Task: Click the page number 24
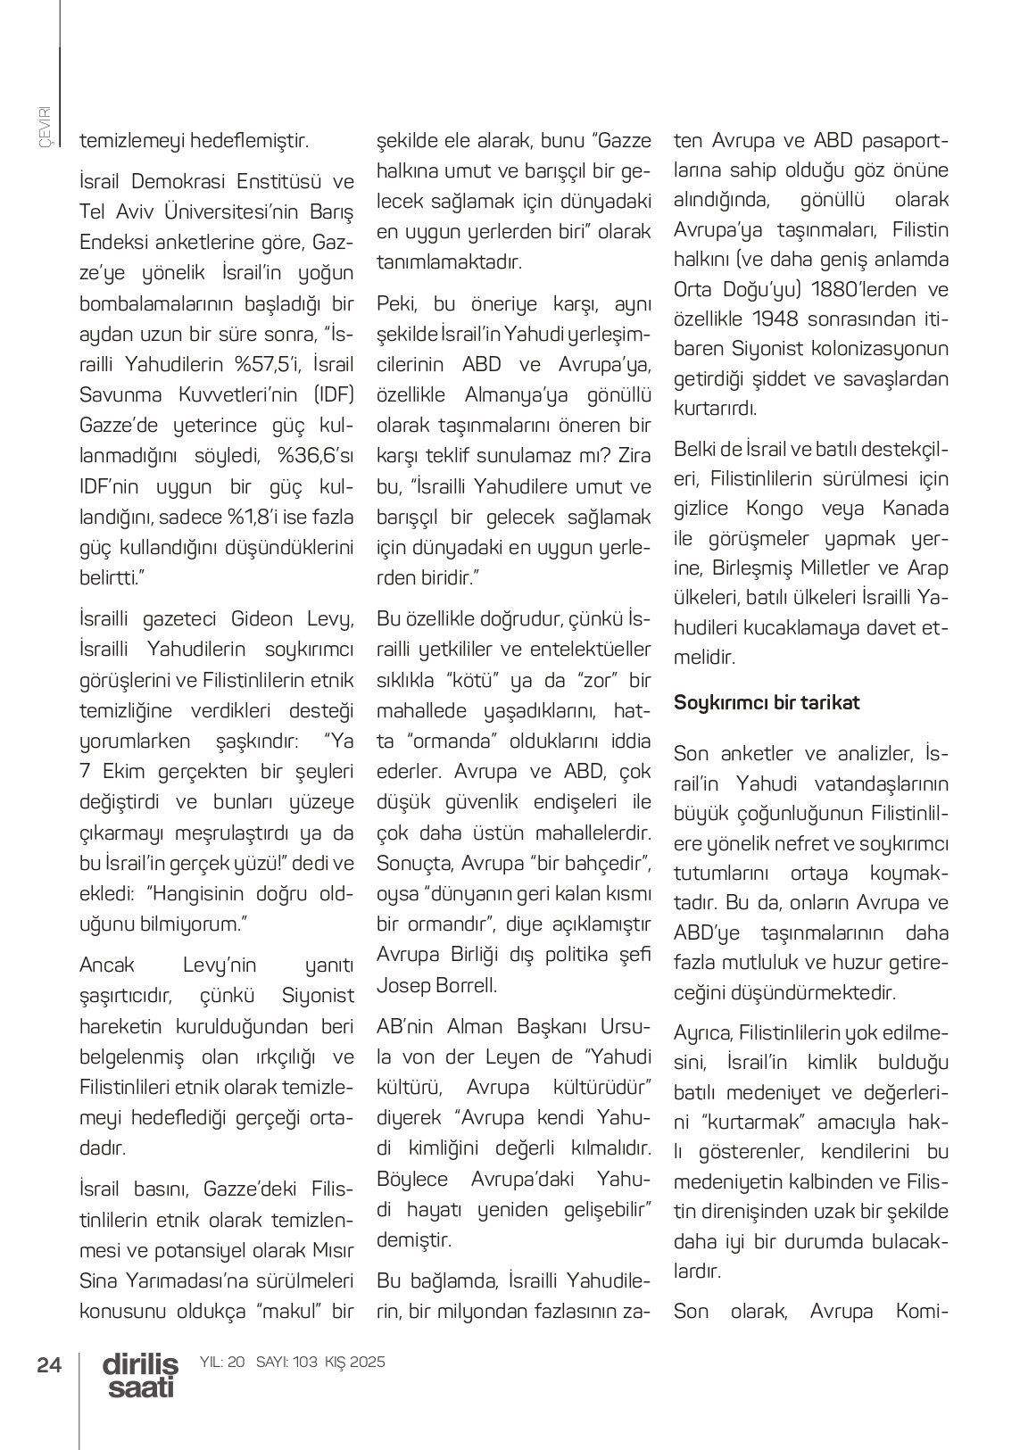coord(49,1364)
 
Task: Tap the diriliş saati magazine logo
coord(140,1375)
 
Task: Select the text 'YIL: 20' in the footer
coord(223,1362)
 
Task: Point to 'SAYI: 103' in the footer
coord(286,1362)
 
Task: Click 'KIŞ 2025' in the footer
coord(355,1362)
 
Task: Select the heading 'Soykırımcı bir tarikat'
coord(767,702)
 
